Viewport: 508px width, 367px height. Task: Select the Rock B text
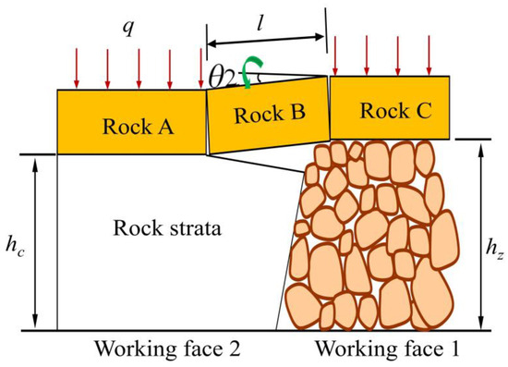click(x=268, y=115)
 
